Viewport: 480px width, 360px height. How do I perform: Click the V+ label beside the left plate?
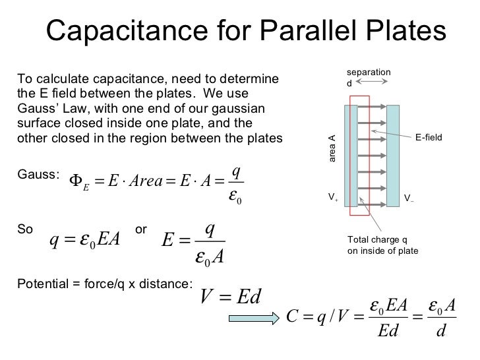(333, 196)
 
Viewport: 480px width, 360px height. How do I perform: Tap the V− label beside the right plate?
(409, 196)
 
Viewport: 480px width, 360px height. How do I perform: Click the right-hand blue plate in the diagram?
(394, 154)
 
